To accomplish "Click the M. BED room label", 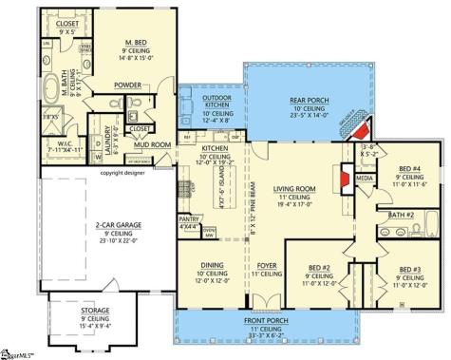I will [136, 44].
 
